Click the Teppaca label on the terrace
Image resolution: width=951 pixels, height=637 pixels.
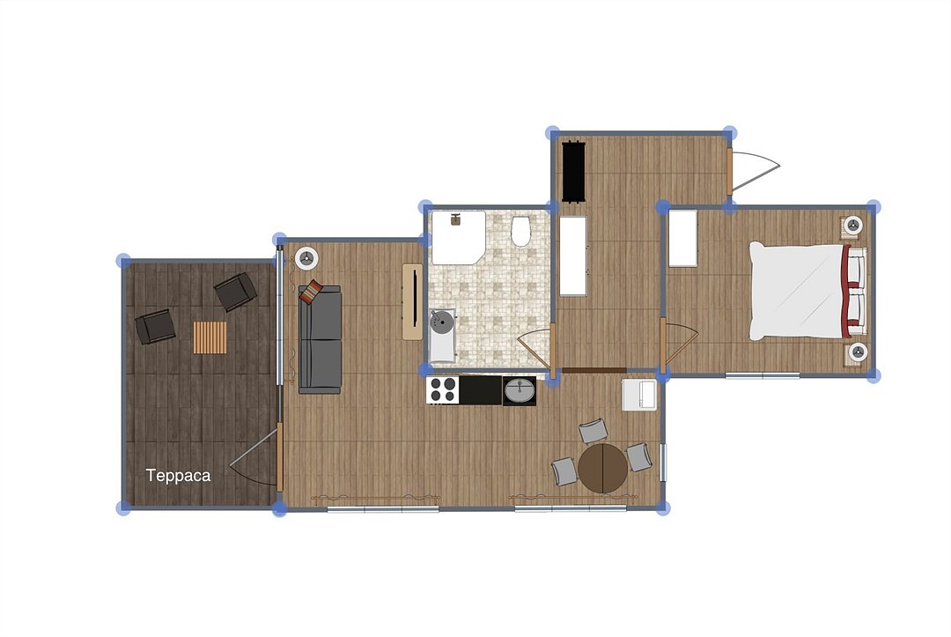(x=178, y=476)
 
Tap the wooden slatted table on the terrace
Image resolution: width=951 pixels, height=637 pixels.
(x=210, y=337)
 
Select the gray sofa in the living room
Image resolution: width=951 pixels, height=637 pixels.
(x=320, y=340)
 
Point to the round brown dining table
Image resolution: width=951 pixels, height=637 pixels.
(x=602, y=469)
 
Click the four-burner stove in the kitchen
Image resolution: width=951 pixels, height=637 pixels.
(x=442, y=390)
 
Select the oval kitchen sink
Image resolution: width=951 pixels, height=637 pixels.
(x=520, y=390)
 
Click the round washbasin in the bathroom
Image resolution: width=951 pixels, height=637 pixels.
(x=442, y=322)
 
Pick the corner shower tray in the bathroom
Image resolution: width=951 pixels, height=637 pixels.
(x=457, y=237)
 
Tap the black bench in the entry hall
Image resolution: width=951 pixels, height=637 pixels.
(x=573, y=172)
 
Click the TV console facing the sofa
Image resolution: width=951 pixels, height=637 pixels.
(x=413, y=301)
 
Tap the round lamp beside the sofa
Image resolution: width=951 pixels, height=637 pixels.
(x=306, y=258)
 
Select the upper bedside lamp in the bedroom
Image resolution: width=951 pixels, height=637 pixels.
(x=853, y=226)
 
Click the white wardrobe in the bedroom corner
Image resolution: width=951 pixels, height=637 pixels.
(x=683, y=238)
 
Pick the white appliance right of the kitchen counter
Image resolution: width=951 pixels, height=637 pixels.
(x=639, y=395)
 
